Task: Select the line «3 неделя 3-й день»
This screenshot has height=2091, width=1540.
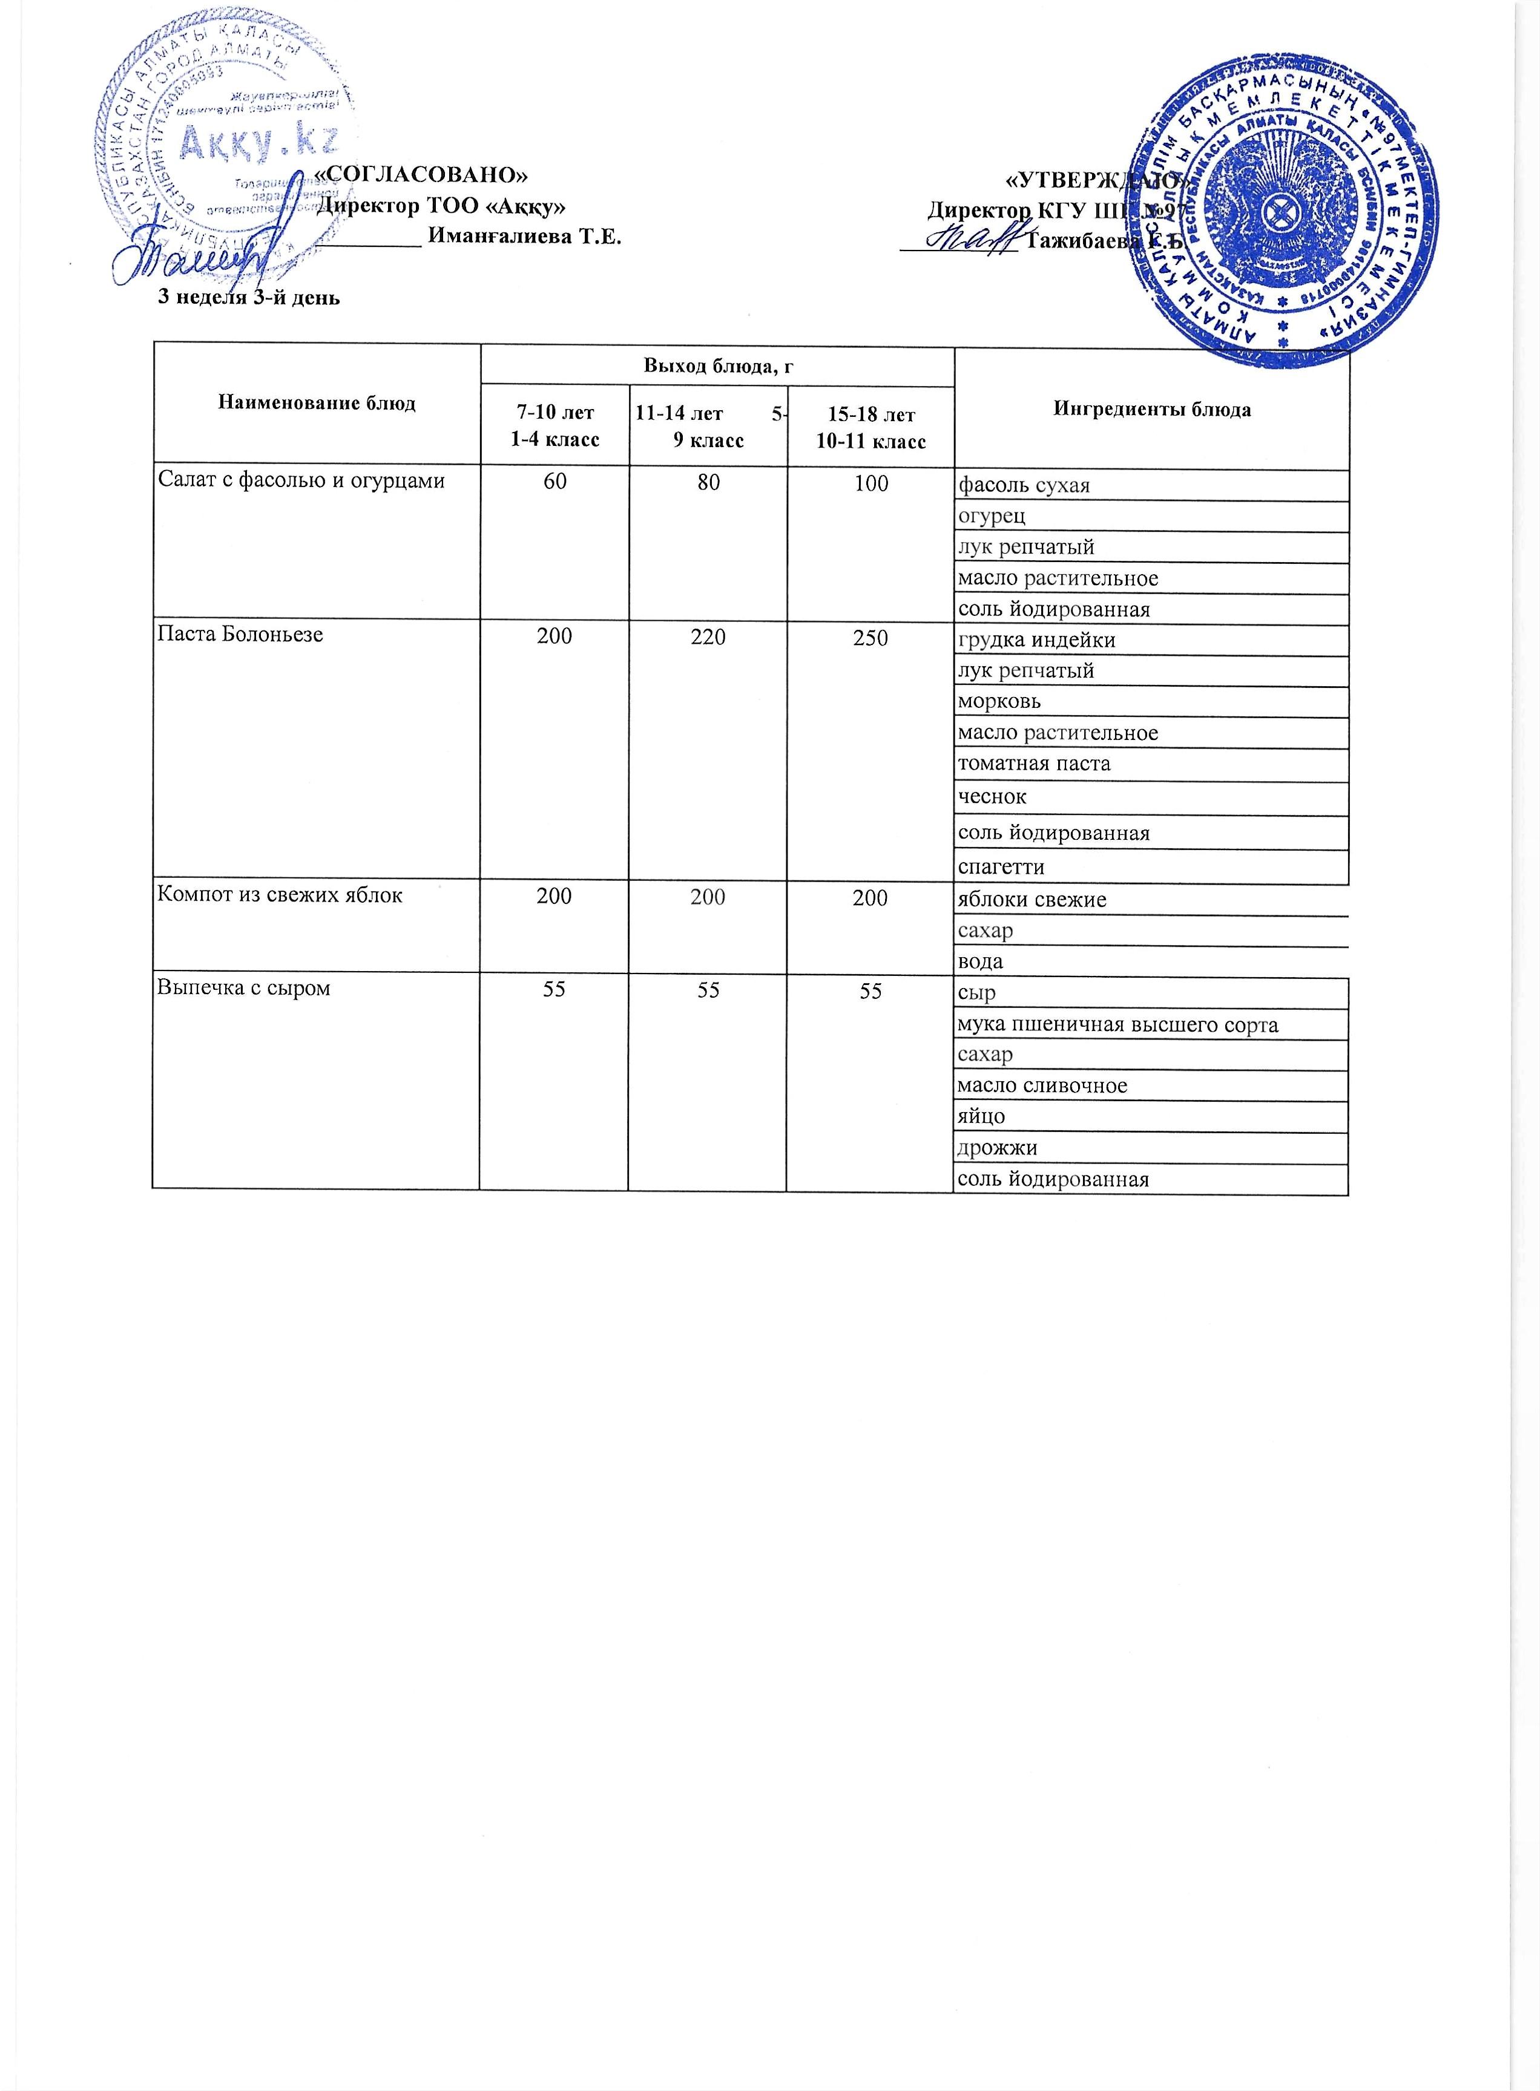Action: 247,298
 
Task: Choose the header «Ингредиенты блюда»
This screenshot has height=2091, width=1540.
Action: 1152,410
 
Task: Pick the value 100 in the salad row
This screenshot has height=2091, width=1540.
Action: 870,483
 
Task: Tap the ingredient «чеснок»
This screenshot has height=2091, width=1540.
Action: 993,797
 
